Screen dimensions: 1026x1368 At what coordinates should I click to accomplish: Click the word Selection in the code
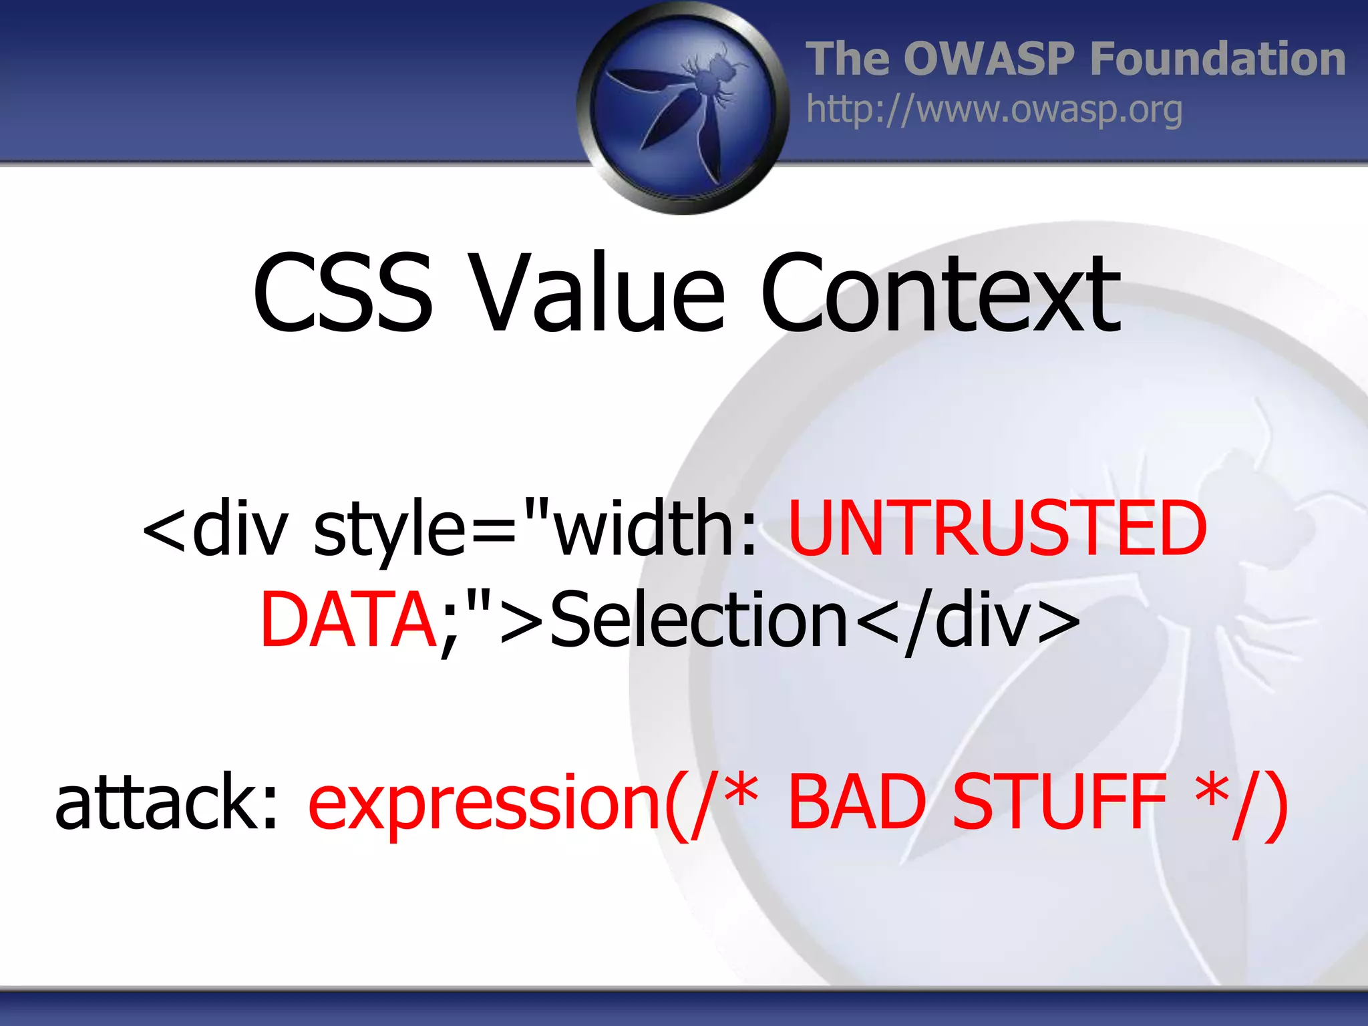pos(698,620)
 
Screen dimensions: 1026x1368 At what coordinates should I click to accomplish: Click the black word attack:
pos(166,802)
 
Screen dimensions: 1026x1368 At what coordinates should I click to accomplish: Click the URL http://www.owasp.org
pos(994,110)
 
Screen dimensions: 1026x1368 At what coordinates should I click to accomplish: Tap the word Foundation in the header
pos(1217,59)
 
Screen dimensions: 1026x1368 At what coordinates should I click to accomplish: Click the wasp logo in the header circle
pos(683,107)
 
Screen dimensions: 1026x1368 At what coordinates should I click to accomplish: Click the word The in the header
pos(846,59)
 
